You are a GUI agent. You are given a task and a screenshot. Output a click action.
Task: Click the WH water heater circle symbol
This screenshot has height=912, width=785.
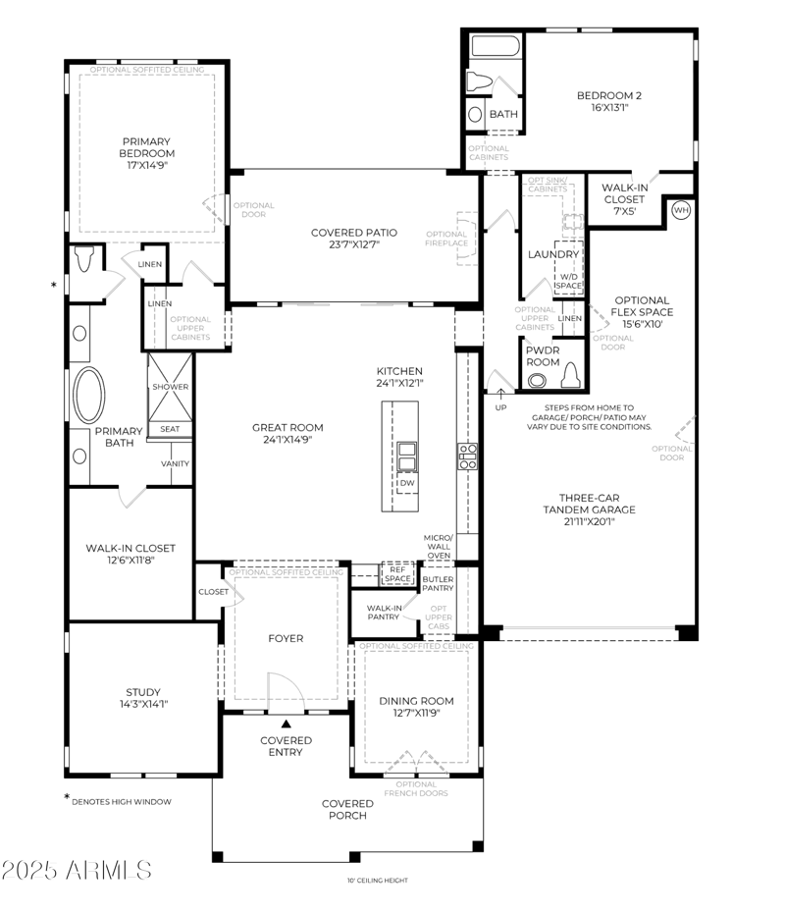point(680,209)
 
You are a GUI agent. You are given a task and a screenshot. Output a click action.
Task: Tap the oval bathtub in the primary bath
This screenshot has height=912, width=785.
point(89,394)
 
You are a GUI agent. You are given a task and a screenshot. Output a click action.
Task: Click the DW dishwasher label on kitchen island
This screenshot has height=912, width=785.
point(406,483)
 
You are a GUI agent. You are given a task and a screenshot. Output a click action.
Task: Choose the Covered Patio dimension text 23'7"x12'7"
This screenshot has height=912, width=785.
point(354,244)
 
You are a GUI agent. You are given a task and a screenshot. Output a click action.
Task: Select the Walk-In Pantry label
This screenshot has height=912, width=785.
point(383,612)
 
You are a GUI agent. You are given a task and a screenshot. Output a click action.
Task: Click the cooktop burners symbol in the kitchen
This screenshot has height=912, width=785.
point(468,456)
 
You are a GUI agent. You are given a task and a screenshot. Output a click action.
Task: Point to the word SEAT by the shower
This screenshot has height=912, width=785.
point(170,429)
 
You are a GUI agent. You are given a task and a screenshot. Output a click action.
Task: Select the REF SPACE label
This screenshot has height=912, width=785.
point(397,574)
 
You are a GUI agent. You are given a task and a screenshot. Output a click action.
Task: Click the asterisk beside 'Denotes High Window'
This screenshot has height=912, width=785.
point(68,798)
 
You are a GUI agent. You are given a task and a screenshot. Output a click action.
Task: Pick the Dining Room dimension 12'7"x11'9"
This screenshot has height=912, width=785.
point(417,713)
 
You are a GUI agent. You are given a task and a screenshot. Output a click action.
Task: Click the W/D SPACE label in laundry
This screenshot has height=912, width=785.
point(568,281)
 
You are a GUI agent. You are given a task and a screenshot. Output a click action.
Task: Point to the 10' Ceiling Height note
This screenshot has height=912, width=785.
point(378,880)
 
